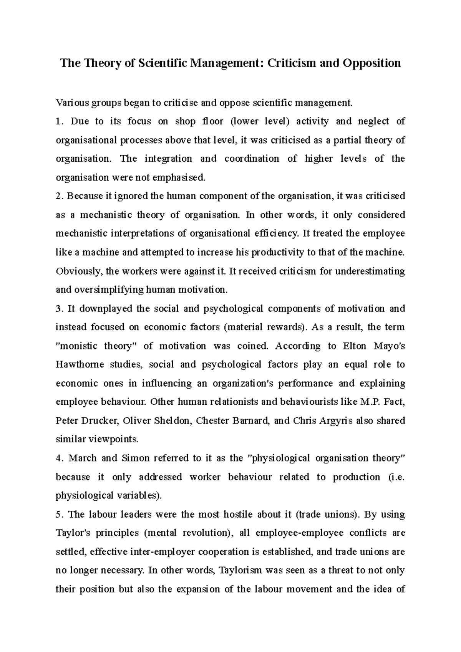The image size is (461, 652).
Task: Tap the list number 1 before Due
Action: pyautogui.click(x=58, y=122)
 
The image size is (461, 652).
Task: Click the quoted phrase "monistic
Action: pyautogui.click(x=76, y=346)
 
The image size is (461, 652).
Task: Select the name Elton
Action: pyautogui.click(x=355, y=346)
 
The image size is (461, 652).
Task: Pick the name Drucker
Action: pyautogui.click(x=101, y=421)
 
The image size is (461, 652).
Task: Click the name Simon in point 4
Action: pyautogui.click(x=134, y=458)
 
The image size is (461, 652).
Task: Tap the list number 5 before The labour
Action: pyautogui.click(x=58, y=514)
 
